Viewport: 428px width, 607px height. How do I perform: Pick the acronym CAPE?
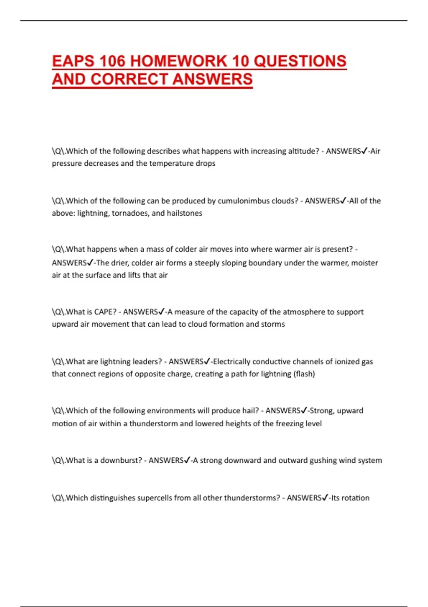coord(105,312)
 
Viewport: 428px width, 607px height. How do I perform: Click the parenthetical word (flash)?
coord(304,374)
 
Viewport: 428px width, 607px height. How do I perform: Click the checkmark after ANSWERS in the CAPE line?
coord(161,312)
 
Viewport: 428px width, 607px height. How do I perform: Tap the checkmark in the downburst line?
coord(187,460)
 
